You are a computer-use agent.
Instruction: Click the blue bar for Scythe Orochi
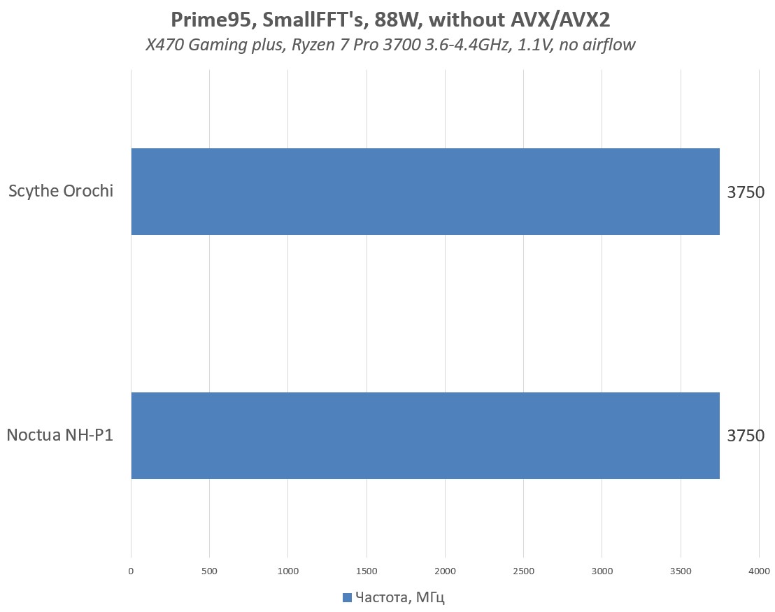click(425, 191)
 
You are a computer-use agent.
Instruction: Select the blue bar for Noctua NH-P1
click(425, 435)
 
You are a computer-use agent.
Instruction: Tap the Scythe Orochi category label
click(61, 191)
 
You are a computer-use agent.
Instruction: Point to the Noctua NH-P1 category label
click(60, 435)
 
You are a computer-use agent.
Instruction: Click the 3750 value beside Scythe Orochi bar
click(746, 192)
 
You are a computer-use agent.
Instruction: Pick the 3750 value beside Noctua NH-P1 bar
click(746, 436)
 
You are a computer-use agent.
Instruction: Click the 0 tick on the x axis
click(131, 571)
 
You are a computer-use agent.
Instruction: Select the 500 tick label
click(209, 571)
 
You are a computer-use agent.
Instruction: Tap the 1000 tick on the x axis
click(288, 571)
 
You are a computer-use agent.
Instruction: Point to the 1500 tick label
click(367, 571)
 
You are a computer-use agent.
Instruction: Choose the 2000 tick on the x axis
click(445, 571)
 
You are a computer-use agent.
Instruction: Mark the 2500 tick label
click(523, 571)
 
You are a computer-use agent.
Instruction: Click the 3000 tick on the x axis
click(602, 571)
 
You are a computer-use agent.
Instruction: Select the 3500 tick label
click(681, 571)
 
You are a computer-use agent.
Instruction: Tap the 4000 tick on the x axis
click(759, 571)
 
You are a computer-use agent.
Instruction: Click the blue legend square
click(347, 597)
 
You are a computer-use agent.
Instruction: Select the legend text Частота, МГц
click(400, 597)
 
